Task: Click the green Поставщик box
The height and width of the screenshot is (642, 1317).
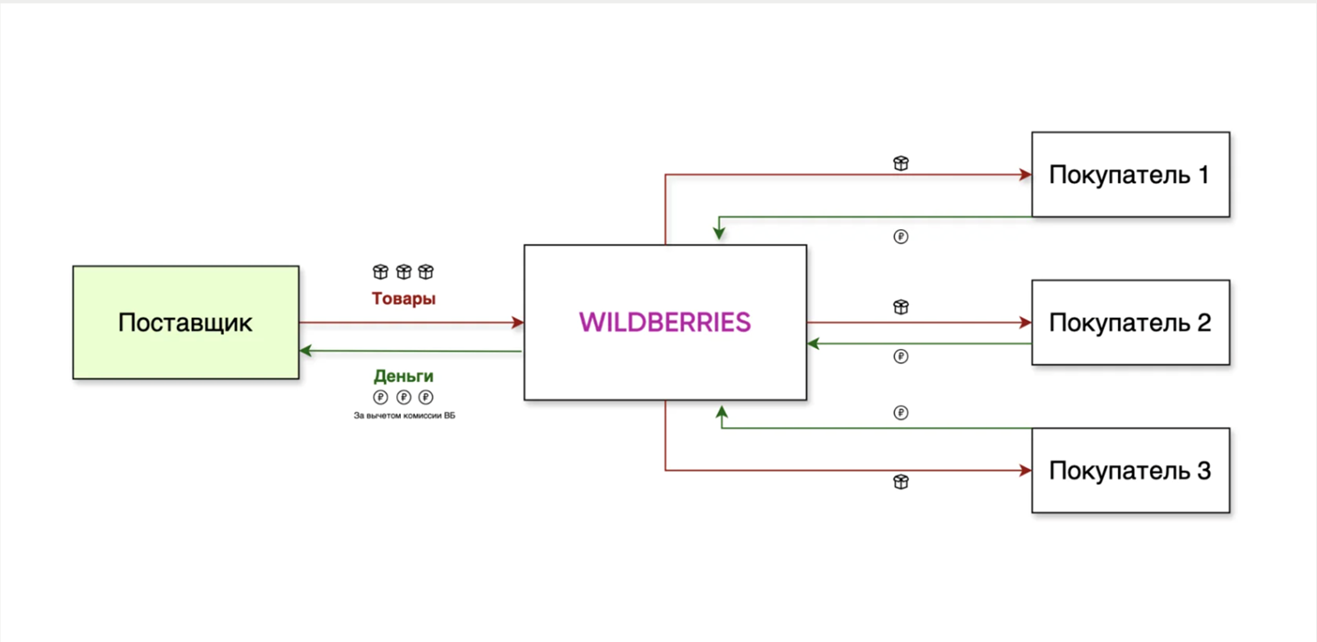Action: [186, 322]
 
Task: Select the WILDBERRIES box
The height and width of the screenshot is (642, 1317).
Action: [665, 322]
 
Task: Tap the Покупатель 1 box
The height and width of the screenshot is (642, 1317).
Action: [1129, 175]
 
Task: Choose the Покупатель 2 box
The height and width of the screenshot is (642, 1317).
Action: [1129, 322]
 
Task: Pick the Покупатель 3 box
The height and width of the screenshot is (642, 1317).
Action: [1129, 470]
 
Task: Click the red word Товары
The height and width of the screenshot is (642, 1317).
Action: [403, 299]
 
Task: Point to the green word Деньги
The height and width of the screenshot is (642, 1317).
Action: [403, 376]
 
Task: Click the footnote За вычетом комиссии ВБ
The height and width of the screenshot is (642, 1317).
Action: [404, 416]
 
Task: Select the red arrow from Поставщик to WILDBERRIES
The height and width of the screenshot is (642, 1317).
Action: [409, 323]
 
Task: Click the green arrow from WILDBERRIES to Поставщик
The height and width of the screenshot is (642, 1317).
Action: [409, 352]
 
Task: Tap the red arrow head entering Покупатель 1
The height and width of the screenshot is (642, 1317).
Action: [1026, 176]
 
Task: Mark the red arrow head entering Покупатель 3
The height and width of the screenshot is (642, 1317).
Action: [1026, 471]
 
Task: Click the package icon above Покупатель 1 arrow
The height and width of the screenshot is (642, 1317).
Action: [901, 163]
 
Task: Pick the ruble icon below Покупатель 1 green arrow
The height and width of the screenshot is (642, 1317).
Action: [901, 237]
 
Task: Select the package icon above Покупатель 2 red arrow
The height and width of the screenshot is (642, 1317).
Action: [901, 307]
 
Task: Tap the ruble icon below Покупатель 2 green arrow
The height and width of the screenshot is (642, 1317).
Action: [901, 357]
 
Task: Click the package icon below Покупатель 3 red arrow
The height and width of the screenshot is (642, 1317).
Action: [901, 482]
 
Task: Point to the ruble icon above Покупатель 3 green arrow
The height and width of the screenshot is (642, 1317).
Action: [901, 413]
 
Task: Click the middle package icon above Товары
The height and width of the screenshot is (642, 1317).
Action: [403, 272]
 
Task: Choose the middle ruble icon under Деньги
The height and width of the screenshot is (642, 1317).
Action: [403, 398]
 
